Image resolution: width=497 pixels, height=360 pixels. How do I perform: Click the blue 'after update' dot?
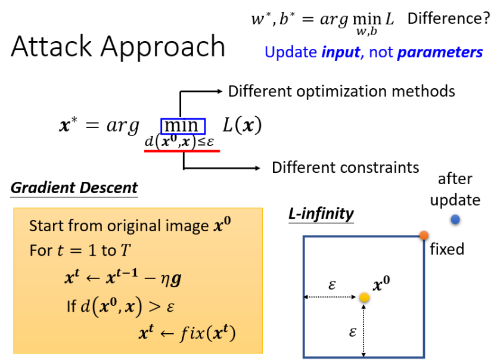[x=455, y=220]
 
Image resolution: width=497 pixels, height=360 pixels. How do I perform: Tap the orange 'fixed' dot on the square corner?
[x=424, y=235]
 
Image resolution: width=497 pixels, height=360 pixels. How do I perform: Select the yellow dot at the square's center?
[x=365, y=296]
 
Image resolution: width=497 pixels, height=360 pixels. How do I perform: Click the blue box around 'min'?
[x=182, y=126]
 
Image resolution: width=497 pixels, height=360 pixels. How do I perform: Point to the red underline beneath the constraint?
[x=182, y=151]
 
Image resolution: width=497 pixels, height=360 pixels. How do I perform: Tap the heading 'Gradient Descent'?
[x=74, y=188]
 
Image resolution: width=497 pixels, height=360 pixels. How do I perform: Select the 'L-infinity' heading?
[x=321, y=213]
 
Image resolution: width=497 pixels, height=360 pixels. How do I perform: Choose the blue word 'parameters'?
[x=440, y=52]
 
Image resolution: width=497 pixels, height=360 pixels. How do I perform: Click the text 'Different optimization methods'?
[x=341, y=91]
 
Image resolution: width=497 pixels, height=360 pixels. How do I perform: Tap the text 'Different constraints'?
[x=345, y=167]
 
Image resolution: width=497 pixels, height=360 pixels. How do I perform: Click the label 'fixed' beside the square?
[x=446, y=249]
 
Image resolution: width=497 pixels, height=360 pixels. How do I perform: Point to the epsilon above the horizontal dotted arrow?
[x=332, y=285]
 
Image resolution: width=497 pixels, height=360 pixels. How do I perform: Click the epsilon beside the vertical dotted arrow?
[x=352, y=331]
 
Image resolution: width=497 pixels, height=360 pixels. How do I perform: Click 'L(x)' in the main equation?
[x=242, y=126]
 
